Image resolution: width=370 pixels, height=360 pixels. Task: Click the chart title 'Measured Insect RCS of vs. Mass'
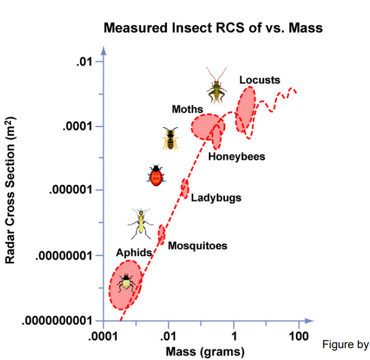pyautogui.click(x=213, y=28)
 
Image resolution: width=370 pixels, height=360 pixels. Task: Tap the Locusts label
pyautogui.click(x=259, y=80)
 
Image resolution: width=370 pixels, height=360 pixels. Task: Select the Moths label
pyautogui.click(x=187, y=108)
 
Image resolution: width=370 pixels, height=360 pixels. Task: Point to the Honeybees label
pyautogui.click(x=236, y=157)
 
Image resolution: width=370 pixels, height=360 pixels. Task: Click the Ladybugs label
pyautogui.click(x=216, y=198)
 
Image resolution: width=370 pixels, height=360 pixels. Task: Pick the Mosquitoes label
pyautogui.click(x=197, y=246)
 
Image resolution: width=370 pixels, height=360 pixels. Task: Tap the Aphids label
pyautogui.click(x=134, y=253)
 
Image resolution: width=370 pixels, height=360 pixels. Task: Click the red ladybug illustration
pyautogui.click(x=156, y=175)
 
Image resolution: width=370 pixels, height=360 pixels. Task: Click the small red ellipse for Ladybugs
pyautogui.click(x=184, y=188)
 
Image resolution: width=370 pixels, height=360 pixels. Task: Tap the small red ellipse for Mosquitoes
pyautogui.click(x=161, y=234)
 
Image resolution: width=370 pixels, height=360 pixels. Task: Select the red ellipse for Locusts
pyautogui.click(x=245, y=110)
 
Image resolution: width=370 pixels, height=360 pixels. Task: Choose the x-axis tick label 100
pyautogui.click(x=297, y=337)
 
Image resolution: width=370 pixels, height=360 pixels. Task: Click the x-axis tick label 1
pyautogui.click(x=234, y=337)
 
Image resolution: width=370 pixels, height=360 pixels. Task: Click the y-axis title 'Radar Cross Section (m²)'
pyautogui.click(x=10, y=190)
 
